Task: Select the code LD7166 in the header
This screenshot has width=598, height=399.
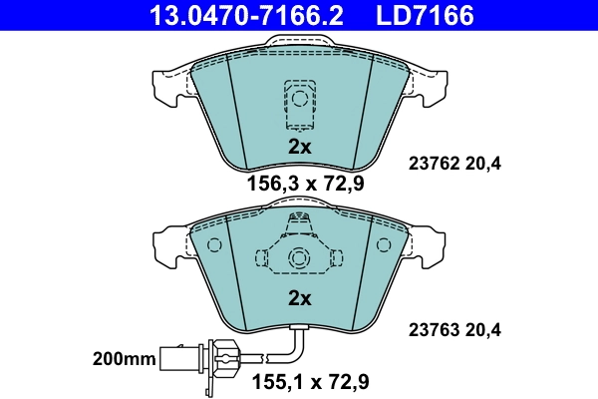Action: point(425,15)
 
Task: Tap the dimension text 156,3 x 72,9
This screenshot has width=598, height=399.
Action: point(298,184)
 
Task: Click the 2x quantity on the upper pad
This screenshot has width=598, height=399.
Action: point(299,147)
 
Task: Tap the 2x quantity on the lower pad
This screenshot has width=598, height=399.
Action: point(299,297)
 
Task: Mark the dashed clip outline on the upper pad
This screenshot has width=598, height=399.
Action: point(298,103)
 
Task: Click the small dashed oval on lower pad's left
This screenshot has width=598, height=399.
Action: point(211,245)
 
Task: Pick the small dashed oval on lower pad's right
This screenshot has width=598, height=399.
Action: point(384,245)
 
